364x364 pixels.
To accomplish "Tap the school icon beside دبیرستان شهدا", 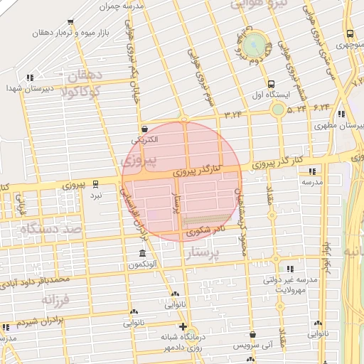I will coord(30,78).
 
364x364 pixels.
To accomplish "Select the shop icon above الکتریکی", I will coord(146,129).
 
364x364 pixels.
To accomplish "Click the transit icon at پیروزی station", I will coord(96,184).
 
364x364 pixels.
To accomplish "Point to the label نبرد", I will coord(96,194).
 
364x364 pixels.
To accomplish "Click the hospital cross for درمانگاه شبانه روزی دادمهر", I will coord(183,326).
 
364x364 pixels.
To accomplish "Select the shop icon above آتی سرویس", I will coord(253,335).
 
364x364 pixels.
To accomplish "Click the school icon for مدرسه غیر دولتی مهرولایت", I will coord(290,269).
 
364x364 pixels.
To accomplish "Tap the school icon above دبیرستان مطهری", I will coord(342,114).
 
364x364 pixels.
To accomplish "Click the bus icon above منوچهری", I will coord(350,33).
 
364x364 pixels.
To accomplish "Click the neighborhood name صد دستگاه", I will coord(43,230).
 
